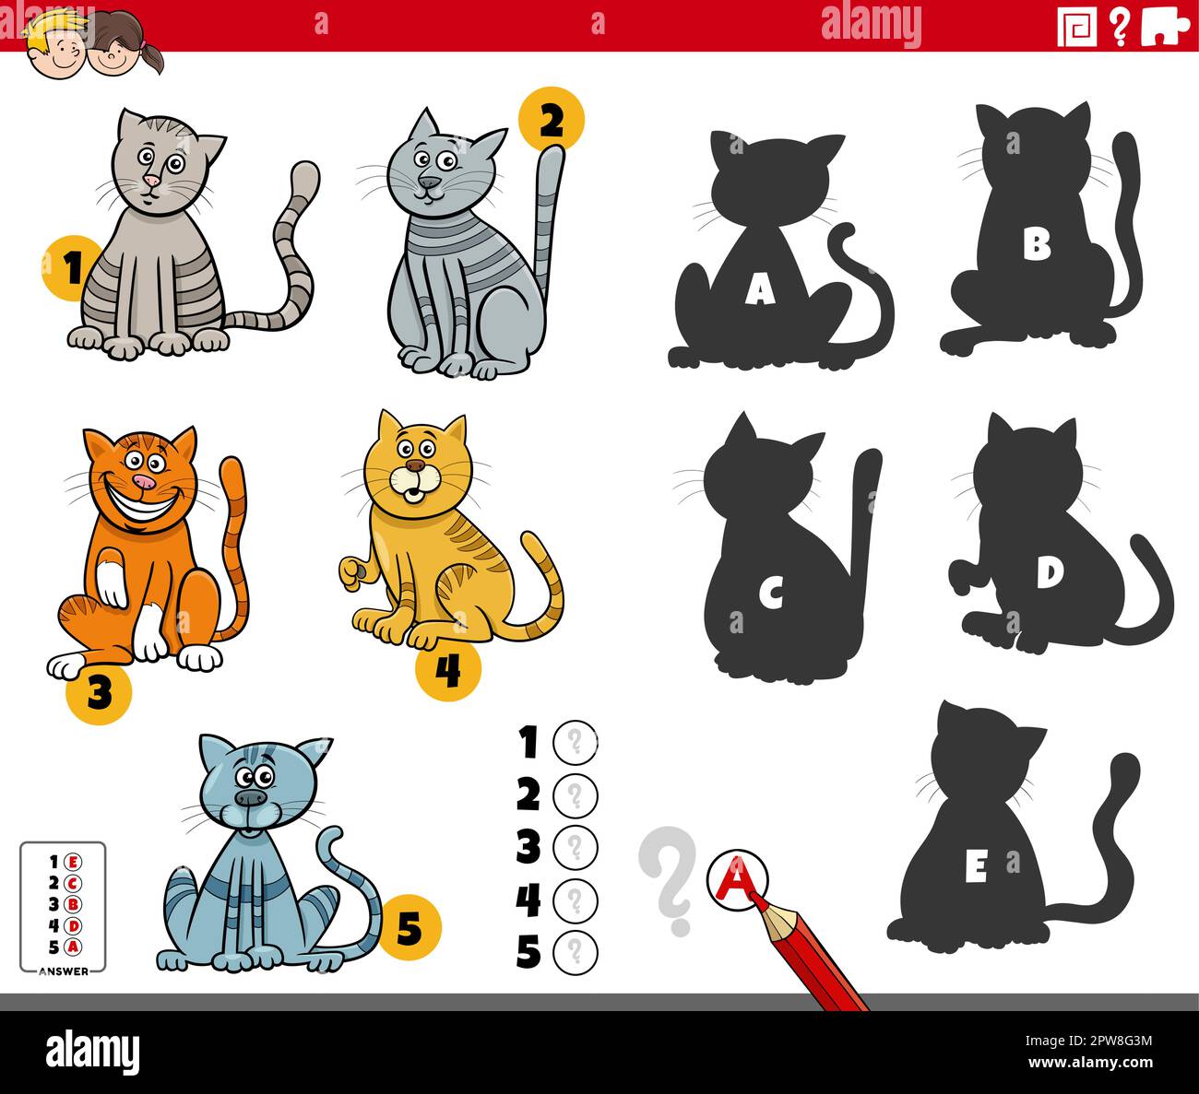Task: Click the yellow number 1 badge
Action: [66, 269]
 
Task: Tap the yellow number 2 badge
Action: [551, 119]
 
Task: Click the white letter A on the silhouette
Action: [759, 292]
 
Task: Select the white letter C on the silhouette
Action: [771, 596]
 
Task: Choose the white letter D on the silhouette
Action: [1049, 573]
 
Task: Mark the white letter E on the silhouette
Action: [976, 867]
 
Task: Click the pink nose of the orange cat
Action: [143, 482]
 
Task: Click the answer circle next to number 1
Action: [576, 741]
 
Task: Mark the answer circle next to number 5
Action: [576, 951]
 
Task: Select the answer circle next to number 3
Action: [576, 846]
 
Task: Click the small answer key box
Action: [63, 908]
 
